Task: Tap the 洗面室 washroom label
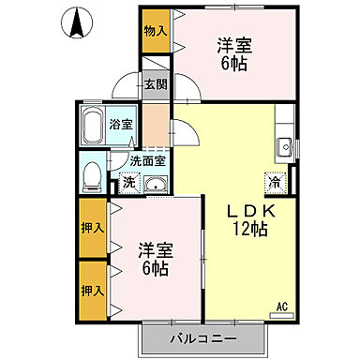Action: point(148,160)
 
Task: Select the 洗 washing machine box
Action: point(128,182)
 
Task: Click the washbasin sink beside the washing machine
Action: point(154,183)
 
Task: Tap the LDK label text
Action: point(248,208)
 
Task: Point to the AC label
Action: point(282,305)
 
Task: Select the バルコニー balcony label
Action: point(203,337)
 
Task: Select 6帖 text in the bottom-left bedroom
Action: point(155,269)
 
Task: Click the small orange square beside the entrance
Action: point(156,120)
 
